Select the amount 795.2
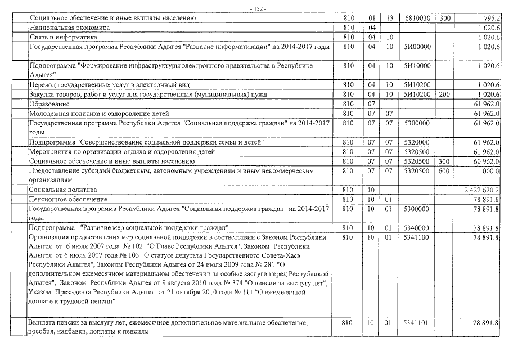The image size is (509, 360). tap(490, 18)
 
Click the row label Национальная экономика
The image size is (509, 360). tap(69, 27)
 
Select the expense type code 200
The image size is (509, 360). tap(444, 94)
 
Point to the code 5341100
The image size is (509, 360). tap(417, 237)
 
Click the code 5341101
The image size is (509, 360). tap(417, 323)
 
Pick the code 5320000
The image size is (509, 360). tap(417, 142)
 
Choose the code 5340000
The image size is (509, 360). tap(417, 228)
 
